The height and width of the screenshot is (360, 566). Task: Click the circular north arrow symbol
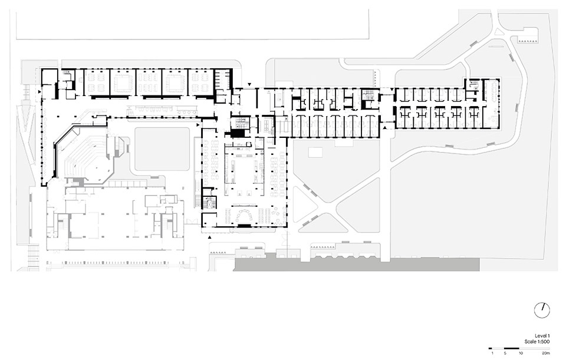coord(542,310)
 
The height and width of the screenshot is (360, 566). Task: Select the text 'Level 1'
coord(542,335)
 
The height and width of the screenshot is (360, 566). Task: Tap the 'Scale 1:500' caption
coord(537,342)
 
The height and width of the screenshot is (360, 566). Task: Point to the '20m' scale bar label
coord(545,353)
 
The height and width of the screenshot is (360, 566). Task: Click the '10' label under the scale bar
coord(520,353)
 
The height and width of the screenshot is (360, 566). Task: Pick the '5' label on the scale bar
coord(505,353)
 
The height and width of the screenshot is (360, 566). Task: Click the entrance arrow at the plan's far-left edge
coord(40,93)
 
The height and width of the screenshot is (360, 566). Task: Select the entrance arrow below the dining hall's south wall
coord(210,237)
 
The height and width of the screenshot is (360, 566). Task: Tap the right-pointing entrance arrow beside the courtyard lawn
coord(198,125)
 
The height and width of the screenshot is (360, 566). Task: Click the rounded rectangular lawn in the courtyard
coord(163,149)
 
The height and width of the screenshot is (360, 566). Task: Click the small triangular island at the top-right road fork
coord(501,31)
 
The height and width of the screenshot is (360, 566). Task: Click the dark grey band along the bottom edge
coord(357,265)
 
